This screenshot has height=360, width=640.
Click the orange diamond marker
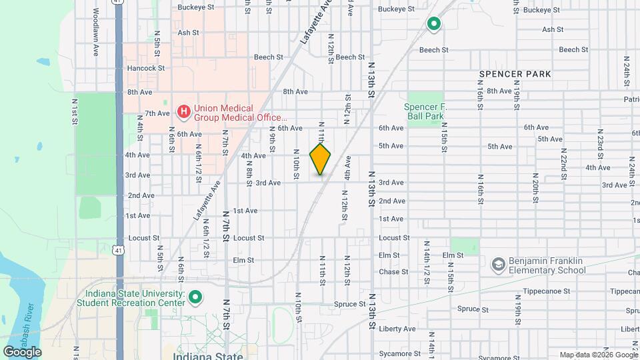click(320, 159)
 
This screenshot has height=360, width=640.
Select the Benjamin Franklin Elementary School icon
click(498, 265)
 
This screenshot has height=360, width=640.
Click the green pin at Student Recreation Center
click(195, 298)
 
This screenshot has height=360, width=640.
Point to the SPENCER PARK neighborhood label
click(515, 74)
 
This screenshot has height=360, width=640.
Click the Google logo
click(23, 351)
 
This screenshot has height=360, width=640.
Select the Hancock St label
click(145, 68)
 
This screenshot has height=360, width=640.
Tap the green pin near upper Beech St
click(434, 25)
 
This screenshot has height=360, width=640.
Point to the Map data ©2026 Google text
click(598, 355)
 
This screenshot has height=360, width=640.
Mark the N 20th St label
click(535, 183)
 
